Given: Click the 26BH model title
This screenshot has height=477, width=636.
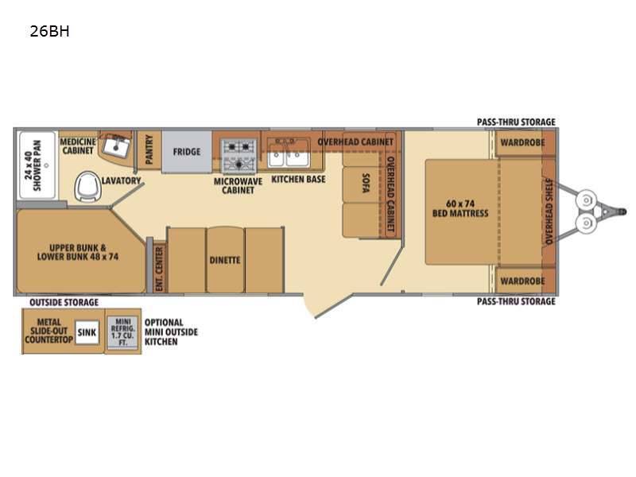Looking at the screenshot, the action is [49, 31].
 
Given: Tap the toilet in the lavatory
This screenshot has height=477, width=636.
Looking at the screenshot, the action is [87, 186].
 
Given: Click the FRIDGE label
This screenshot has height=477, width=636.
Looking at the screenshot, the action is [187, 152].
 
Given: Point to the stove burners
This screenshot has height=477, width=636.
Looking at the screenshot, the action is [238, 156].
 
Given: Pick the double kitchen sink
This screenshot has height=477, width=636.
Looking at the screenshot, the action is [288, 154].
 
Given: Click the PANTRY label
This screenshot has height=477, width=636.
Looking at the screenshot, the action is [149, 149].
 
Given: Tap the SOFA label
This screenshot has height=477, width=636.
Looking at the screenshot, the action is [366, 183].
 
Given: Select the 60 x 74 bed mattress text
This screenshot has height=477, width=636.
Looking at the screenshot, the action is [460, 208].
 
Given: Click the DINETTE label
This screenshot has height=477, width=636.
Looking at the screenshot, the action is [225, 260].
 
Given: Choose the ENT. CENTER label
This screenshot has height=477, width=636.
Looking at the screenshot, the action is [159, 269].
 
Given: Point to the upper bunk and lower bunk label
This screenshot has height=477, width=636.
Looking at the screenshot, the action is [78, 252].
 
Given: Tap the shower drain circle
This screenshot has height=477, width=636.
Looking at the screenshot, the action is [46, 165].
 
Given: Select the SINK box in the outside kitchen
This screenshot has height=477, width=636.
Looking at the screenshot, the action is [87, 332].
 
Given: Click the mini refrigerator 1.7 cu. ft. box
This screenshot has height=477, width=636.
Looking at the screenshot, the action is [123, 332].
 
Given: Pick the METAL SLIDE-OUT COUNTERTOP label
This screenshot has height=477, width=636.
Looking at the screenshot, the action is [48, 331].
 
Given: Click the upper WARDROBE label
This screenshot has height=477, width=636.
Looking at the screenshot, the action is [522, 142].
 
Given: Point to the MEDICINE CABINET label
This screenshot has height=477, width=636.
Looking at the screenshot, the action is [78, 146].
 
